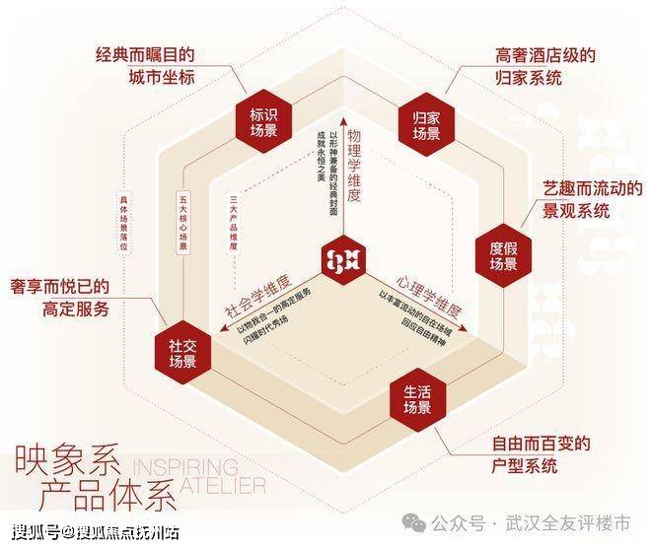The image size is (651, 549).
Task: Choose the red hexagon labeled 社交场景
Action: (181, 353)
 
